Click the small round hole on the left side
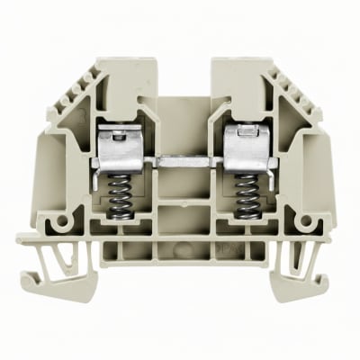point(62,220)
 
